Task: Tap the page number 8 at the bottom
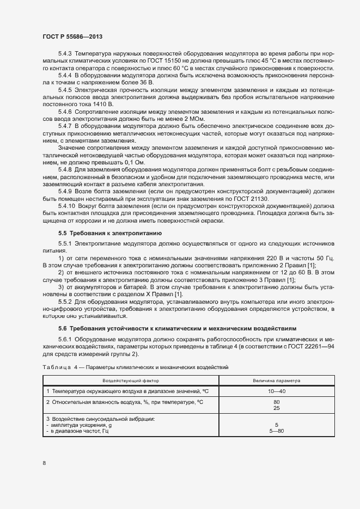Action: coord(44,463)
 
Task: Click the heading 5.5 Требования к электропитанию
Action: coord(103,233)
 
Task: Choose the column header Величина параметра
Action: coord(276,380)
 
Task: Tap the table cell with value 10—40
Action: coord(276,391)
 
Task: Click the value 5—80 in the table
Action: coord(276,431)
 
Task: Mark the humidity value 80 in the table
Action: coord(276,402)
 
